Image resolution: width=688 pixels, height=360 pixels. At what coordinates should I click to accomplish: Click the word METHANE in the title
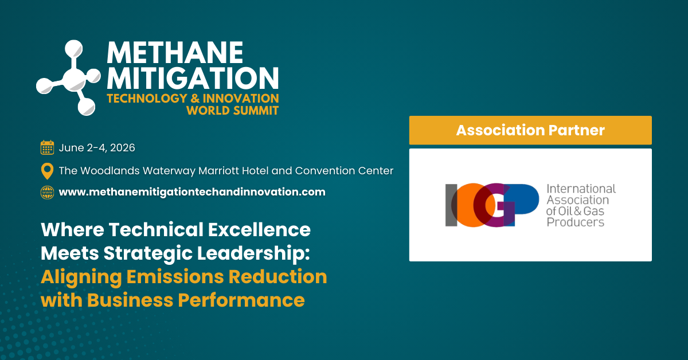[x=175, y=53]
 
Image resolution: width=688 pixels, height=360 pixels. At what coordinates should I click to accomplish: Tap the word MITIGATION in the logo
[x=193, y=78]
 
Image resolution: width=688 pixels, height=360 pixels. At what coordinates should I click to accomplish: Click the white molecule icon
[x=68, y=78]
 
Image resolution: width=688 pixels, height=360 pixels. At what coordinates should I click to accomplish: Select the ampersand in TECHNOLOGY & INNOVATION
[x=195, y=99]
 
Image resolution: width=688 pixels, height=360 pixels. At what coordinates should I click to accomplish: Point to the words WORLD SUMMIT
[x=233, y=111]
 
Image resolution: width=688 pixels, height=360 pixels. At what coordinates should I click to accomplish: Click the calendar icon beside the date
[x=47, y=147]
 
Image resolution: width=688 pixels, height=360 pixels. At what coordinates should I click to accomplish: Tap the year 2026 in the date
[x=123, y=148]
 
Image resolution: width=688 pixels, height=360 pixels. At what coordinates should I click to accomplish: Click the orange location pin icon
[x=47, y=171]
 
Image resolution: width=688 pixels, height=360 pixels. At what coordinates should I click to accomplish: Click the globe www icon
[x=47, y=193]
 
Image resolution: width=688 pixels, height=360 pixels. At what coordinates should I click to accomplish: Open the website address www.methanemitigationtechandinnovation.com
[x=192, y=192]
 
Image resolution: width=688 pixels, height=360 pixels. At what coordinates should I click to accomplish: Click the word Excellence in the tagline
[x=260, y=229]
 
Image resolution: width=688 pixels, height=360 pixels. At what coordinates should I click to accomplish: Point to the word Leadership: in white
[x=253, y=254]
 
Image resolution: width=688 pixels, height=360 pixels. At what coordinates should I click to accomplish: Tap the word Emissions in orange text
[x=175, y=276]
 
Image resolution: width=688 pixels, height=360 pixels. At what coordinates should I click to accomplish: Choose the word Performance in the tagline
[x=241, y=300]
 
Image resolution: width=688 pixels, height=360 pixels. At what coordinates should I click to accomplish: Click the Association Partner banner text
[x=530, y=130]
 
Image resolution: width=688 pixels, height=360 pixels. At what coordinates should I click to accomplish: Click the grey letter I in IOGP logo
[x=451, y=205]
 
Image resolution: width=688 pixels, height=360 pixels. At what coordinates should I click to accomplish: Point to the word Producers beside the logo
[x=575, y=222]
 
